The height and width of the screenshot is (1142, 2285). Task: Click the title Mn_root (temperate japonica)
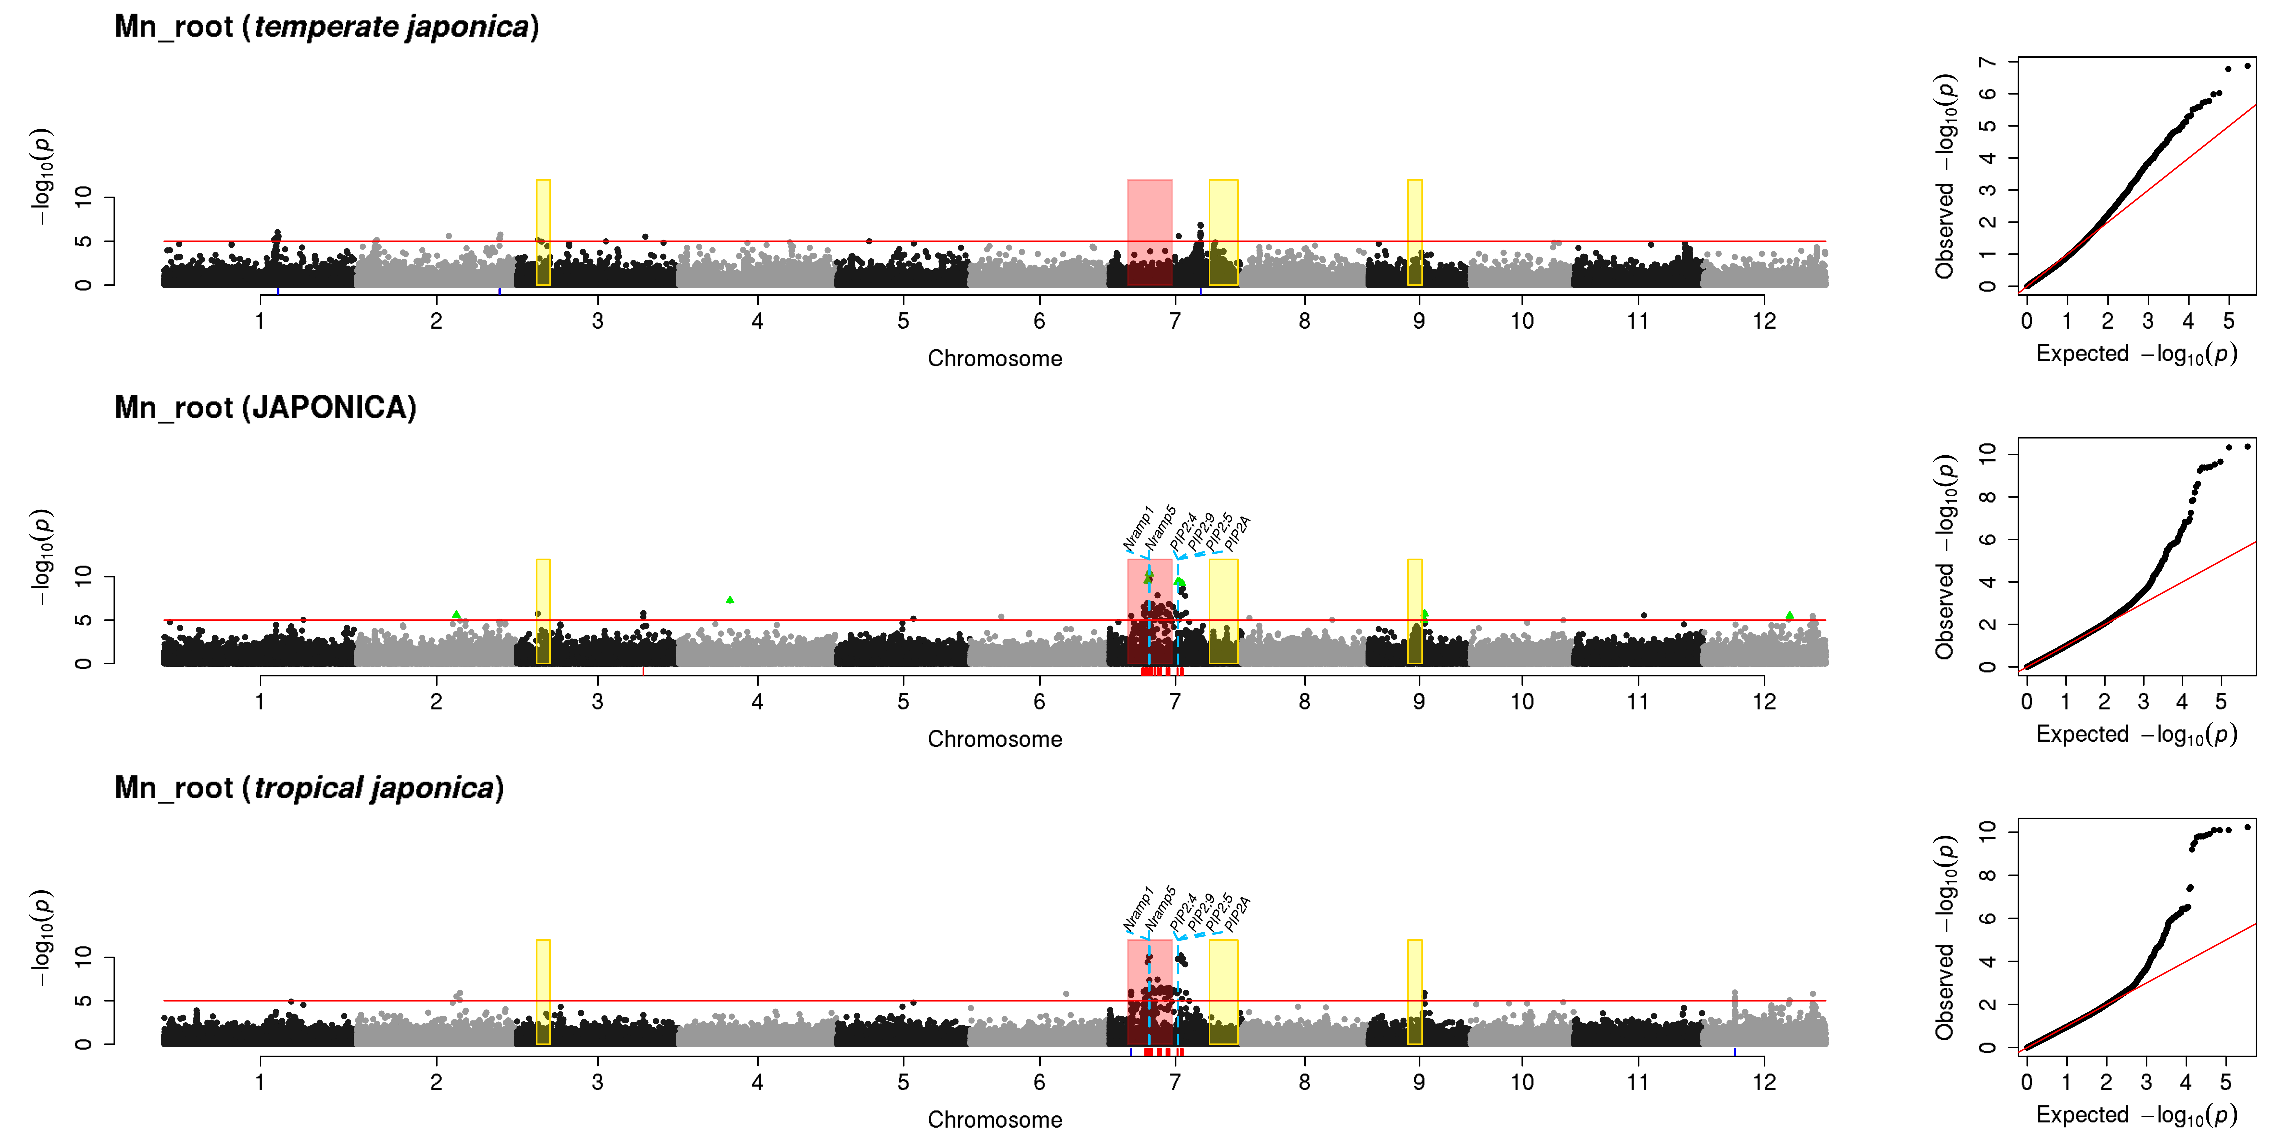326,27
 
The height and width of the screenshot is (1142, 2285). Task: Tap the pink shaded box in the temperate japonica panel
1150,232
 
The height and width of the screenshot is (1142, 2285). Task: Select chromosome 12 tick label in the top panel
1764,321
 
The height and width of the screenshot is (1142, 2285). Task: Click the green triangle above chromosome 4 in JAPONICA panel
730,600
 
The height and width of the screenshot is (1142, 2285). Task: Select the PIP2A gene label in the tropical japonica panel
1237,913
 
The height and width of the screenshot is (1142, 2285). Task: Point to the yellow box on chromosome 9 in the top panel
1415,232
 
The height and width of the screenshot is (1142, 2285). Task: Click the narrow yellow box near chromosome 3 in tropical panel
543,992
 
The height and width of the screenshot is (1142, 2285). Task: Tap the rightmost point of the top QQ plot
2247,66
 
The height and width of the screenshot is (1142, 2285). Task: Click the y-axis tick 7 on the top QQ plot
1988,61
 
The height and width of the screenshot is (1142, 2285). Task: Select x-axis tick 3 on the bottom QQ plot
2146,1082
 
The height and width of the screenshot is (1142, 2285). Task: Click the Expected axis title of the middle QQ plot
2136,734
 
